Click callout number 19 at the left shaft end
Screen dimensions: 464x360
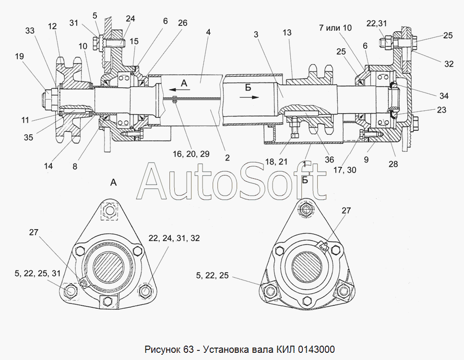click(x=19, y=56)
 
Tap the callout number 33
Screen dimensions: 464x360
click(x=30, y=31)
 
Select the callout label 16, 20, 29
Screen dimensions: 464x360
click(x=191, y=154)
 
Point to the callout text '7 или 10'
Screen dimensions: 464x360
click(x=335, y=28)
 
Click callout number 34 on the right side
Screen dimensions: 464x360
click(x=444, y=96)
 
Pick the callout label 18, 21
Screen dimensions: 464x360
click(x=276, y=162)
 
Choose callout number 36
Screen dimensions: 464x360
click(x=329, y=160)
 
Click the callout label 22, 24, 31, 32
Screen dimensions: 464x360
click(x=174, y=238)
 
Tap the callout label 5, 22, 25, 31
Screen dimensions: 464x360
click(x=37, y=273)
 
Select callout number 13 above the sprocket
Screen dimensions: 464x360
click(x=287, y=33)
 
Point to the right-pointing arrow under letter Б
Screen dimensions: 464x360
click(x=251, y=97)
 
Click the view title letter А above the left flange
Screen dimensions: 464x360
click(x=113, y=183)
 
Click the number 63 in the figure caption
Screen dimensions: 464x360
click(x=188, y=349)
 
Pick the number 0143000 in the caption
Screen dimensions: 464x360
click(x=316, y=349)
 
